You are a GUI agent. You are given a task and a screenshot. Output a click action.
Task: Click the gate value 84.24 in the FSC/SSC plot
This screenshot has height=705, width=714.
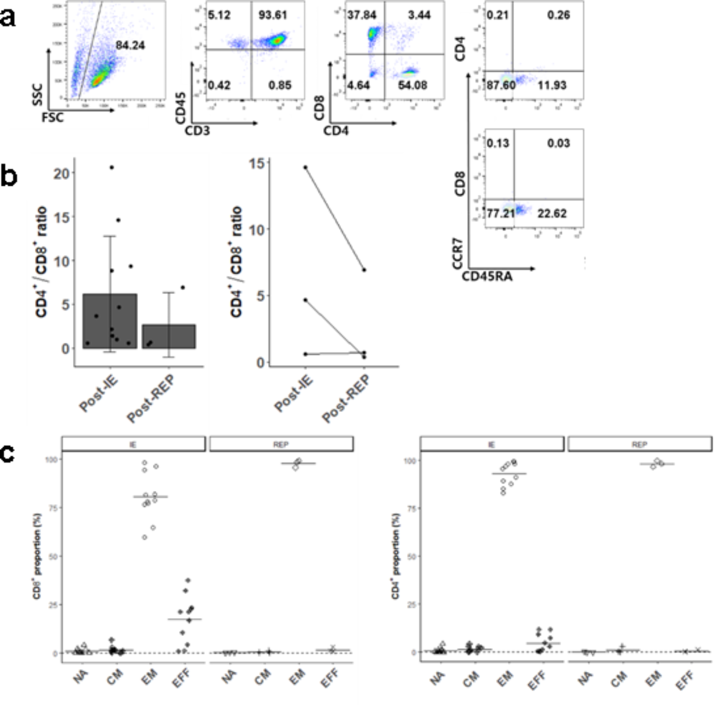[130, 45]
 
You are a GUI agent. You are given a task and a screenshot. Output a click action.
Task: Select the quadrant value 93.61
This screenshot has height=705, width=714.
[272, 15]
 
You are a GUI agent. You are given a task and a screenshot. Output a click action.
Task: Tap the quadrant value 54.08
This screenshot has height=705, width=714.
[412, 85]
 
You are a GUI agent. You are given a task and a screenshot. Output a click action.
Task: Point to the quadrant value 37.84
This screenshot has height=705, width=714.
[362, 15]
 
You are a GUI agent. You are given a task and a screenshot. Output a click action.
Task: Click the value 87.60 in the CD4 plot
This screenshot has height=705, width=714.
[501, 85]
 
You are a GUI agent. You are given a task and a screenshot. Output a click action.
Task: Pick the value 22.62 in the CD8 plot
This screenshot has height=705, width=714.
[552, 213]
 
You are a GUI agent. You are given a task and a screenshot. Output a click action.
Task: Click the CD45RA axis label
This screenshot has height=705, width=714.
[487, 276]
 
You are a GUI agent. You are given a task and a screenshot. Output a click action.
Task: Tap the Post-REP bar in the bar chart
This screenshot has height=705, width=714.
[169, 337]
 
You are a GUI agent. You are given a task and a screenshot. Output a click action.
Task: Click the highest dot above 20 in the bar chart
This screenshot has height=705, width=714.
[112, 168]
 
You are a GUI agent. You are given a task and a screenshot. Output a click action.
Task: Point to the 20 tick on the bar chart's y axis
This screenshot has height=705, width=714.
[62, 173]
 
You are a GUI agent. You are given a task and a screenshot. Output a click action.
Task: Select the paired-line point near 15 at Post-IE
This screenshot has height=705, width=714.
[306, 167]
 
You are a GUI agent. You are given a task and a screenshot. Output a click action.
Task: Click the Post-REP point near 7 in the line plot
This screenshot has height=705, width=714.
[364, 270]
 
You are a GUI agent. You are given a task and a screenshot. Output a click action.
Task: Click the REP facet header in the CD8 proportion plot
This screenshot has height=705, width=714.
[281, 444]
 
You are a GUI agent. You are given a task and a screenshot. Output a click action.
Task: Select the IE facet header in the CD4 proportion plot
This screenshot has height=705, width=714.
[491, 444]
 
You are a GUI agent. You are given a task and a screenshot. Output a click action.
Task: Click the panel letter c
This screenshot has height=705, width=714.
[7, 453]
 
